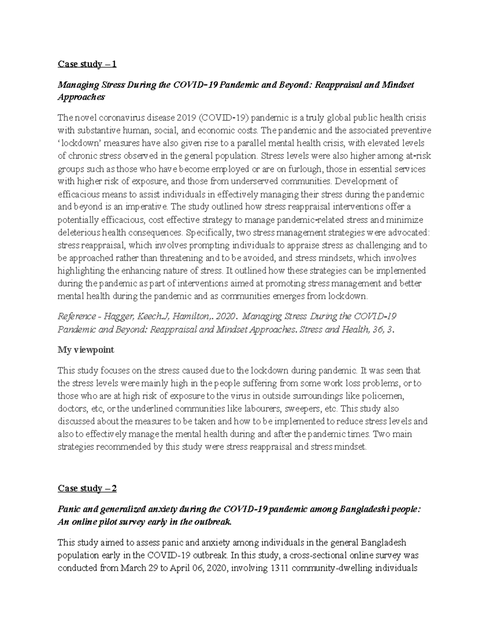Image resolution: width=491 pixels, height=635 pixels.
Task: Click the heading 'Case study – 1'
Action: coord(87,64)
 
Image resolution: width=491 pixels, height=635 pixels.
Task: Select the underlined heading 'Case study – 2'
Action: coord(87,488)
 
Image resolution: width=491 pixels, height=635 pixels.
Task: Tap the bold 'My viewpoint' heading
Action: coord(86,350)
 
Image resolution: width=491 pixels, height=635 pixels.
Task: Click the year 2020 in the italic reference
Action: coord(226,316)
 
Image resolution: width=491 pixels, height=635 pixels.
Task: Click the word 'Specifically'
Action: coord(208,232)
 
